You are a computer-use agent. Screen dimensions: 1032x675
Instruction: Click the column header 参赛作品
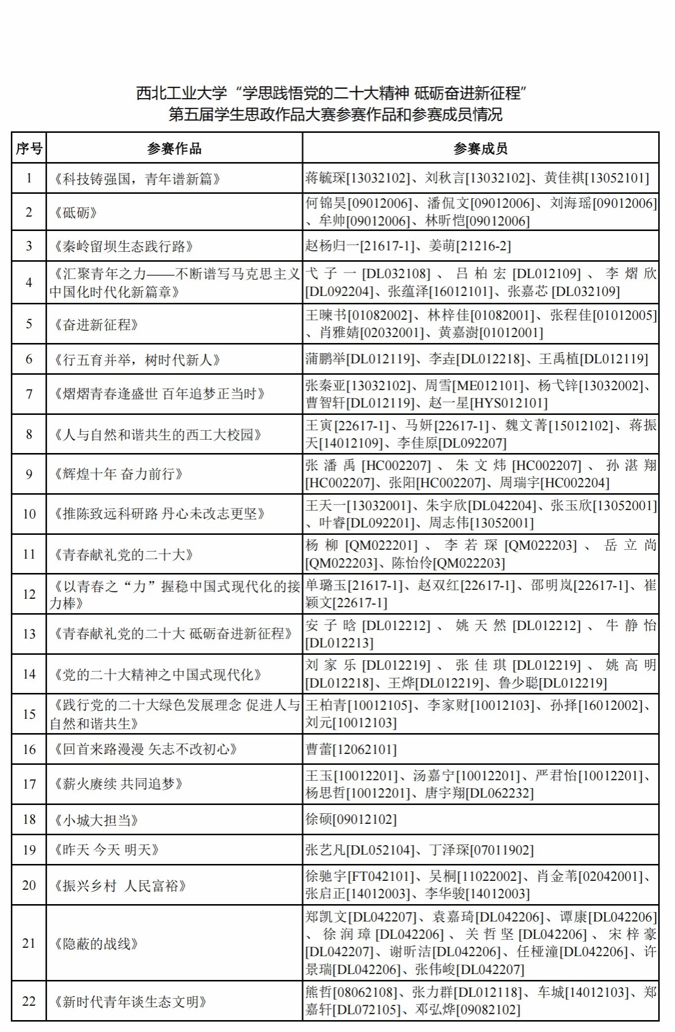click(x=174, y=148)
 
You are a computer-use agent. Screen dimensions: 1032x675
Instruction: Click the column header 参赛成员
click(x=480, y=148)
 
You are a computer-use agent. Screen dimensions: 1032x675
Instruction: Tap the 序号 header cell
click(x=29, y=148)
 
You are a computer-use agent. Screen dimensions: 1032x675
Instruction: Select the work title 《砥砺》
click(x=76, y=213)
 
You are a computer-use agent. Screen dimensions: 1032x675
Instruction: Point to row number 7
click(x=29, y=394)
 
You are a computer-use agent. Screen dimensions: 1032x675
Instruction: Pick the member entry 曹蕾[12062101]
click(x=351, y=749)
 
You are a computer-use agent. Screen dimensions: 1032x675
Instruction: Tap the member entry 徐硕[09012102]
click(x=351, y=819)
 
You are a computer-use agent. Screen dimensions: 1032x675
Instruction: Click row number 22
click(x=29, y=1001)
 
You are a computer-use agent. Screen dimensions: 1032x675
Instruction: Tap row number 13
click(x=29, y=634)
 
